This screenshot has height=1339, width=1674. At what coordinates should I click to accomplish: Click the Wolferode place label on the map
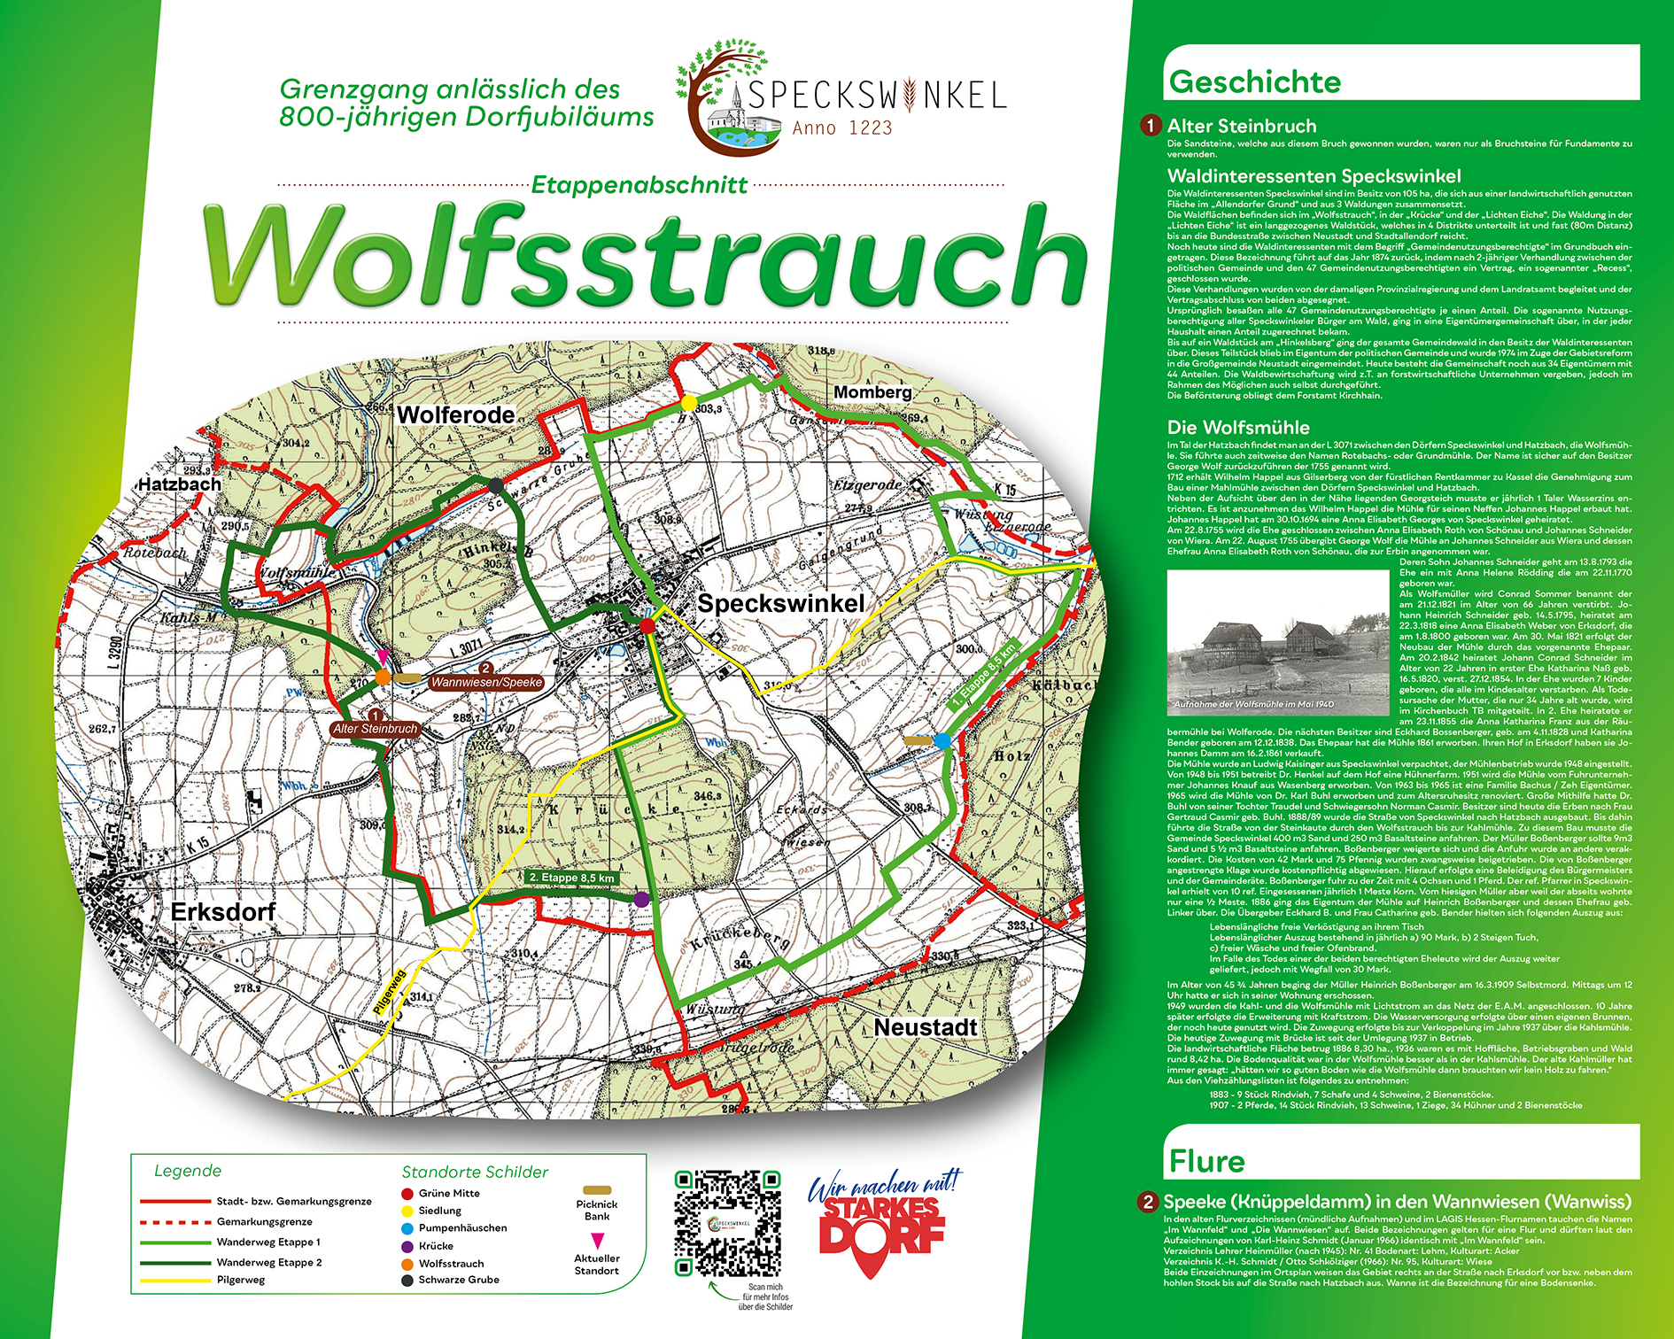click(x=455, y=414)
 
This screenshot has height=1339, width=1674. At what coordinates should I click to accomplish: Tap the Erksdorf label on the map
click(x=222, y=912)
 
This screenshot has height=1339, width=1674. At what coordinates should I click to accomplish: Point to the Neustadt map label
click(x=925, y=1027)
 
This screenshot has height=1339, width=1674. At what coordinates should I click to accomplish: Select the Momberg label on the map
click(x=872, y=391)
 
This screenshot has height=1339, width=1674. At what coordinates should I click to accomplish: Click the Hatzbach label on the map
click(x=179, y=484)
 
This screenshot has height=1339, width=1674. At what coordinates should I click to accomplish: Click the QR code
click(x=727, y=1223)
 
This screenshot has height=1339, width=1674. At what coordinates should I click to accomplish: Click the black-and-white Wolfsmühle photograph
click(x=1277, y=642)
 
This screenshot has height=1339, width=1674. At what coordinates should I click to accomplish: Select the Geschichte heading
click(x=1254, y=81)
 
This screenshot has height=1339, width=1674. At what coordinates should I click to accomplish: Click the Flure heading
click(x=1206, y=1160)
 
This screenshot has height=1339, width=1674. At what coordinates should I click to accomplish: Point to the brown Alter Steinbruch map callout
click(x=375, y=729)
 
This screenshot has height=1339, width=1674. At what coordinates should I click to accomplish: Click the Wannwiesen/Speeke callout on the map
click(x=486, y=682)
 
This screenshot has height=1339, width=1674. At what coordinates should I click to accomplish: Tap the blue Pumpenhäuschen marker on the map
click(x=942, y=740)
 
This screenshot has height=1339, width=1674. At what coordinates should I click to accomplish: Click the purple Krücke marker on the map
click(x=641, y=899)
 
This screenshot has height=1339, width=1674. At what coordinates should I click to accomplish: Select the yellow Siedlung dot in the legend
click(x=407, y=1211)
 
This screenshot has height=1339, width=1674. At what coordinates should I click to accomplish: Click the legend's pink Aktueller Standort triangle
click(x=597, y=1240)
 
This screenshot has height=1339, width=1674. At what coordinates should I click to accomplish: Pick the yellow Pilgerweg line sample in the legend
click(x=175, y=1280)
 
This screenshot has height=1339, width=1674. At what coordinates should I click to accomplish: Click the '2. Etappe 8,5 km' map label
click(x=570, y=878)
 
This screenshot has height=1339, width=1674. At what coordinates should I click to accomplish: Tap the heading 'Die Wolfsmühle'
click(x=1237, y=428)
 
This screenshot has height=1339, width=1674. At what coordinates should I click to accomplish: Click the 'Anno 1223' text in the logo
click(x=841, y=128)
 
